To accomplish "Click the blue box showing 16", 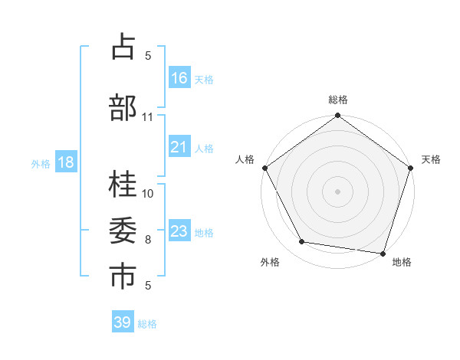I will point(179,78).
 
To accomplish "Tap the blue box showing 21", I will point(179,147).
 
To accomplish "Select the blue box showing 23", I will point(179,231).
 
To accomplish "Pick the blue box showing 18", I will point(65,162).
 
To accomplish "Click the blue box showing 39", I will point(123,322).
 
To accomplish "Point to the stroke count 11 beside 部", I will point(148,116).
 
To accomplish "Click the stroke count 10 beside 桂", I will point(148,193).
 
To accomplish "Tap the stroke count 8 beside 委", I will point(148,240).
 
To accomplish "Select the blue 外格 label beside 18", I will point(40,163).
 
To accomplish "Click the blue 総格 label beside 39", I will point(147,323).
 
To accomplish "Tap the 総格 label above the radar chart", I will point(338,100).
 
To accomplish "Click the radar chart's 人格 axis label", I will point(245,159).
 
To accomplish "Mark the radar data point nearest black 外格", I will point(302,242).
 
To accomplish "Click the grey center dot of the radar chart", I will point(337,191).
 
